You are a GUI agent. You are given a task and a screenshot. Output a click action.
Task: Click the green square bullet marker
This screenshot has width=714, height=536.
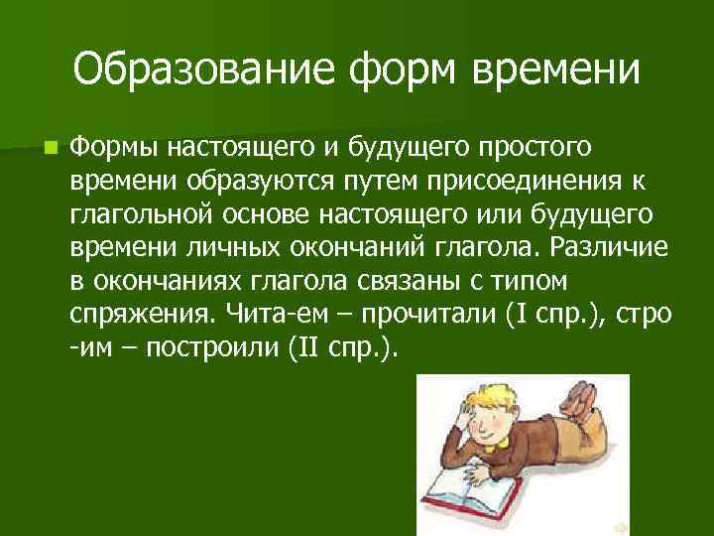tap(50, 148)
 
